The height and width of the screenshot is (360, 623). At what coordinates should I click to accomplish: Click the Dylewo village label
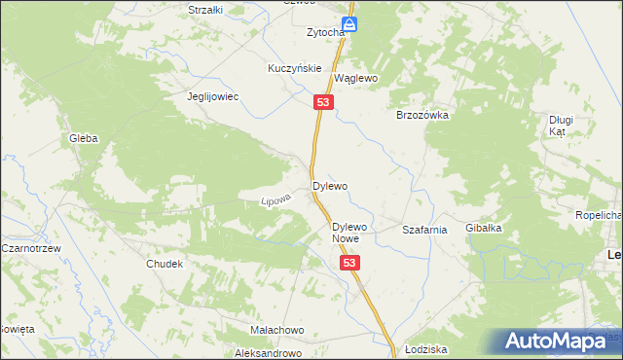click(x=330, y=185)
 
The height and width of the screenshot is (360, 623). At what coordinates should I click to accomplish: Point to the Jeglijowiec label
click(x=213, y=97)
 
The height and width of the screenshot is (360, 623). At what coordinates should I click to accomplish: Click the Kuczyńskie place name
click(x=295, y=69)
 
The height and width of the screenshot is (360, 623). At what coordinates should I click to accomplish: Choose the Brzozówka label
click(x=421, y=115)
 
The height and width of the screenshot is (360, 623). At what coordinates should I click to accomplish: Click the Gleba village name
click(x=83, y=138)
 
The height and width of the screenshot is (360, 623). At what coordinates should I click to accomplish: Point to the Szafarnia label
click(x=424, y=231)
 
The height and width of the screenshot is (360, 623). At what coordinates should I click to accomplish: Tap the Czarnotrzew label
click(x=32, y=249)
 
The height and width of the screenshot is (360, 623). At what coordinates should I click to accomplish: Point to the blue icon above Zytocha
click(x=348, y=24)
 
